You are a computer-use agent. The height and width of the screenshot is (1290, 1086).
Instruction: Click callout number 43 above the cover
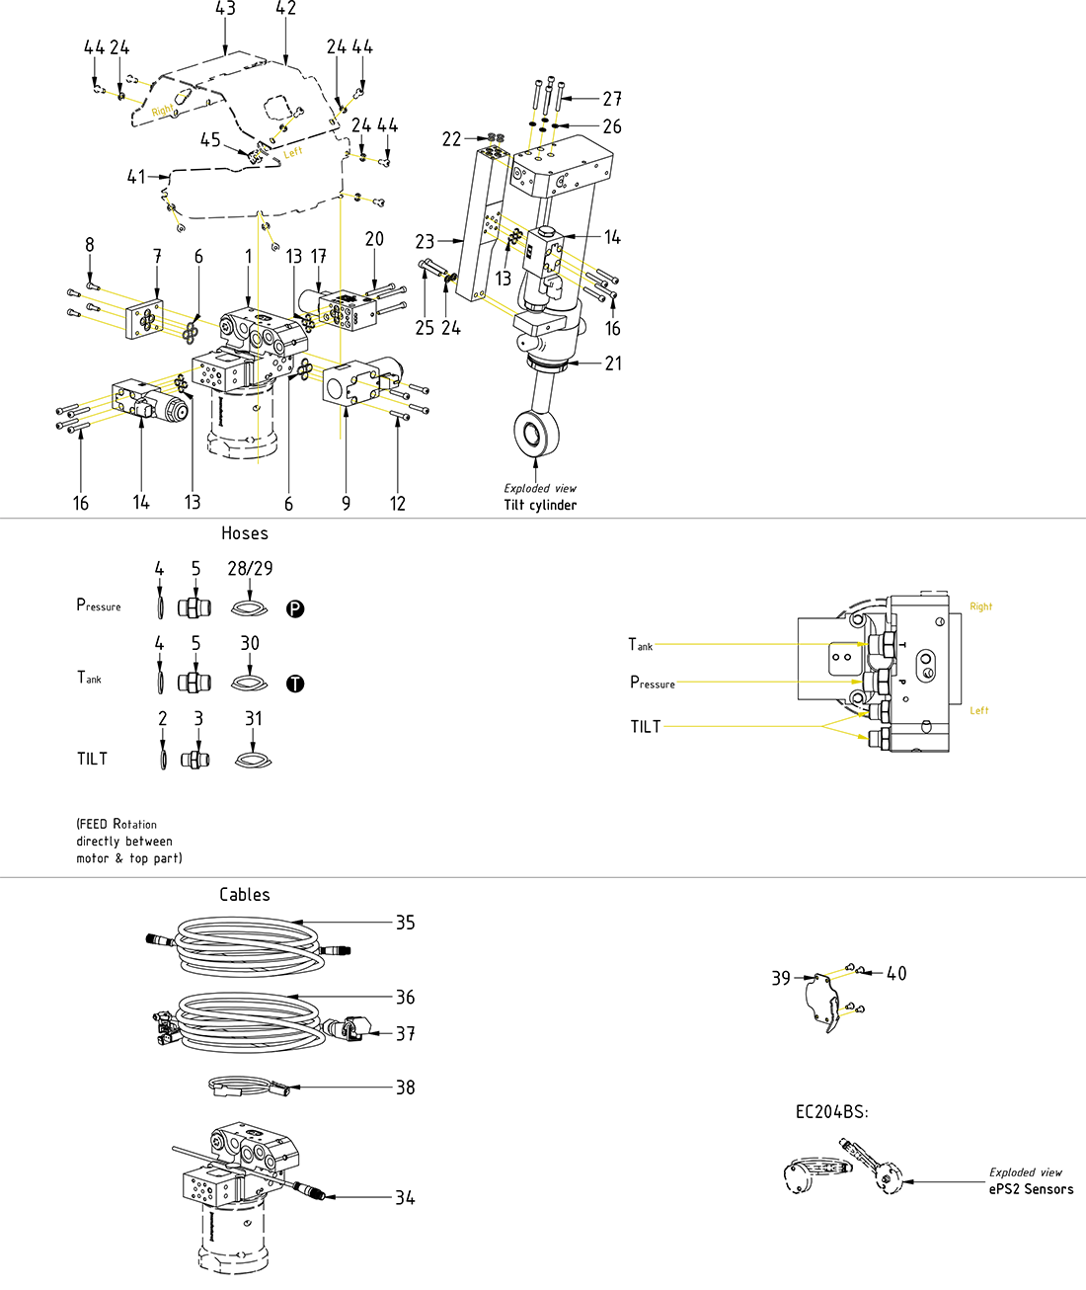[225, 9]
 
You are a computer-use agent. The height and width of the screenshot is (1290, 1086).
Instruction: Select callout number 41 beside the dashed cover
[136, 177]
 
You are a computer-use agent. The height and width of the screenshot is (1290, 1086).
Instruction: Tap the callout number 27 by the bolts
[612, 99]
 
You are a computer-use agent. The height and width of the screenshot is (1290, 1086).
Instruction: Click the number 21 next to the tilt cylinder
[613, 363]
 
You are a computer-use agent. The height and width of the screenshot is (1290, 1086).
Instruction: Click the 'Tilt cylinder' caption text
[540, 505]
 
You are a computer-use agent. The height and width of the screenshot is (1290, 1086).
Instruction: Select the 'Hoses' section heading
[245, 533]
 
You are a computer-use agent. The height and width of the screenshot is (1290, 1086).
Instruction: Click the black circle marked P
[295, 608]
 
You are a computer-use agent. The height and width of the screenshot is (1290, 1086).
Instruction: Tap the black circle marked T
[295, 684]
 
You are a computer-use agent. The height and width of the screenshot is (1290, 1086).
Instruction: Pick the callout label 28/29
[250, 569]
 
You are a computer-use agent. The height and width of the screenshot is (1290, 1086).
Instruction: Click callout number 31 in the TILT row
[254, 719]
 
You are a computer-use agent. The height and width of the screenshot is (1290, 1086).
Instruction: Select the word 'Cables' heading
[245, 895]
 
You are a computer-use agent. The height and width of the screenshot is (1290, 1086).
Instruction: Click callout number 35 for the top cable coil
[406, 923]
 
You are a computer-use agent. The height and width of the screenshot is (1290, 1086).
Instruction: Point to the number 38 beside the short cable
[406, 1088]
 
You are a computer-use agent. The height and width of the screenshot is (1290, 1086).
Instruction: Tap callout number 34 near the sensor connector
[406, 1198]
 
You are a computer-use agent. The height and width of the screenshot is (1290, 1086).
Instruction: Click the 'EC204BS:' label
[832, 1112]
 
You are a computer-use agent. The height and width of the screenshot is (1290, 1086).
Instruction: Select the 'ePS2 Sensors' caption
[1031, 1189]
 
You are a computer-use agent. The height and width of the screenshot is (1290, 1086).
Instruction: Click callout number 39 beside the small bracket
[781, 978]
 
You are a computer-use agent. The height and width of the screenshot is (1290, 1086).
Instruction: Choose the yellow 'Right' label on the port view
[980, 606]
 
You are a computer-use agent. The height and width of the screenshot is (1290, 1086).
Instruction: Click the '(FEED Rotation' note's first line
[116, 824]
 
